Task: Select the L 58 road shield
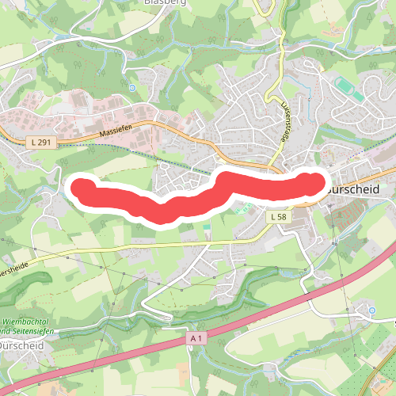[277, 216]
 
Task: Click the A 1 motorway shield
[197, 337]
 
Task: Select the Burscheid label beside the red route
[352, 190]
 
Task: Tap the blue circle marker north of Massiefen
[132, 87]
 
